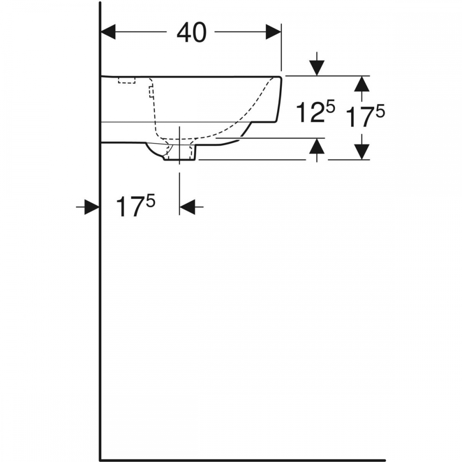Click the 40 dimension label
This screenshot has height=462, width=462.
pyautogui.click(x=191, y=32)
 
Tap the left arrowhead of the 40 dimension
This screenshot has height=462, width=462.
pyautogui.click(x=108, y=32)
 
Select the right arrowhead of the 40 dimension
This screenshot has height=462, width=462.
pyautogui.click(x=273, y=32)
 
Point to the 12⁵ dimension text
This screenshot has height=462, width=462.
pyautogui.click(x=315, y=111)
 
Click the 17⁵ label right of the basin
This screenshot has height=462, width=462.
pyautogui.click(x=365, y=116)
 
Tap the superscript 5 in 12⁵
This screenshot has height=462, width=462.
pyautogui.click(x=331, y=106)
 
